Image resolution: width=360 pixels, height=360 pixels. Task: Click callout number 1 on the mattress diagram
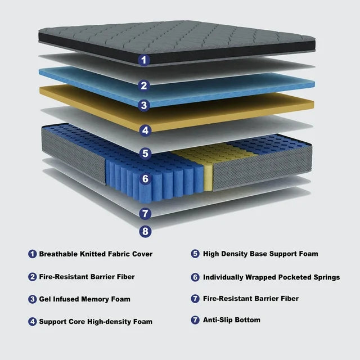click(x=145, y=58)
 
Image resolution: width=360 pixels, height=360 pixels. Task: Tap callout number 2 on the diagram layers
click(x=145, y=85)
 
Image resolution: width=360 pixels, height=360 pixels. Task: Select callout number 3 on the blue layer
click(x=145, y=105)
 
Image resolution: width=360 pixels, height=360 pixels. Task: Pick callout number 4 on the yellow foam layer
click(x=145, y=130)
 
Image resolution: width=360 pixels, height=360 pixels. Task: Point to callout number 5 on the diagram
click(x=145, y=152)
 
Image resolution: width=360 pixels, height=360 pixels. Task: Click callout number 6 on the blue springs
click(x=145, y=179)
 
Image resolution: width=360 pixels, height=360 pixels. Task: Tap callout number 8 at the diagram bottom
click(x=145, y=230)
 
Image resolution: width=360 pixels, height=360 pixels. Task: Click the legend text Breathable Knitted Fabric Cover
click(x=96, y=254)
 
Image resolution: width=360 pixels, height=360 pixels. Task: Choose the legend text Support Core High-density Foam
click(x=96, y=322)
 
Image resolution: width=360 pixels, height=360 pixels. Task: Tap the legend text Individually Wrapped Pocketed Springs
click(x=271, y=277)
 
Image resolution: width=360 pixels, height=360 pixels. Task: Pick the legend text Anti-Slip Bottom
click(x=231, y=320)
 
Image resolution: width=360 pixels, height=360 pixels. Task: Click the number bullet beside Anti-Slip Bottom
click(x=195, y=320)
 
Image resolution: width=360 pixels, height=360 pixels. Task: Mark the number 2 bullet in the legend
click(x=33, y=277)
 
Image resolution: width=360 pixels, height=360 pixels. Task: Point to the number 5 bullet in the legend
click(x=195, y=254)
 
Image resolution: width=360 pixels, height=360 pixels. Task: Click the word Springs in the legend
click(x=326, y=277)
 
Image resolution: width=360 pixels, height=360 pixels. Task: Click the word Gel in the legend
click(x=45, y=299)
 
